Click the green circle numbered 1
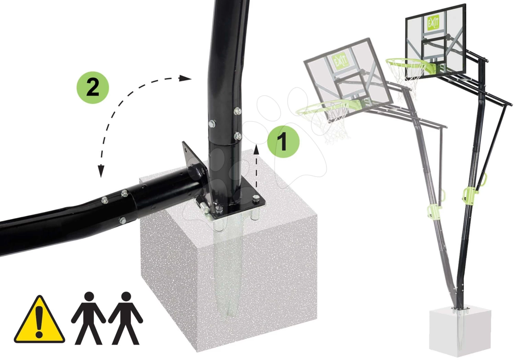pos(283,142)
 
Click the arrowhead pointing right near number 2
pos(185,78)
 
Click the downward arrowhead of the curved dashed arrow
pos(101,171)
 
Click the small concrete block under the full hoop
pos(460,333)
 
